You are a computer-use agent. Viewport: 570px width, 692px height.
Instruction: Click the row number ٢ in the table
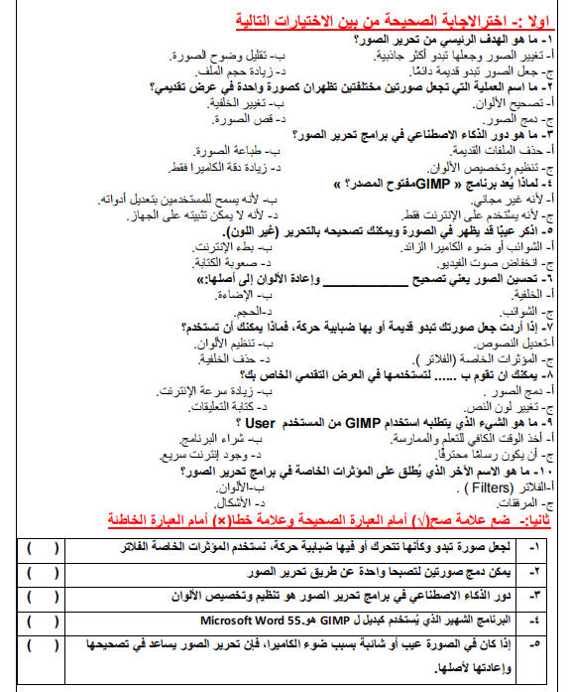pyautogui.click(x=539, y=572)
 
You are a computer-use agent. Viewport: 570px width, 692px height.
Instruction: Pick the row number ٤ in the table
pyautogui.click(x=539, y=619)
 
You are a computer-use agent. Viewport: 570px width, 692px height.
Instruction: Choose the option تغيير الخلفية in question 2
pyautogui.click(x=244, y=102)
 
